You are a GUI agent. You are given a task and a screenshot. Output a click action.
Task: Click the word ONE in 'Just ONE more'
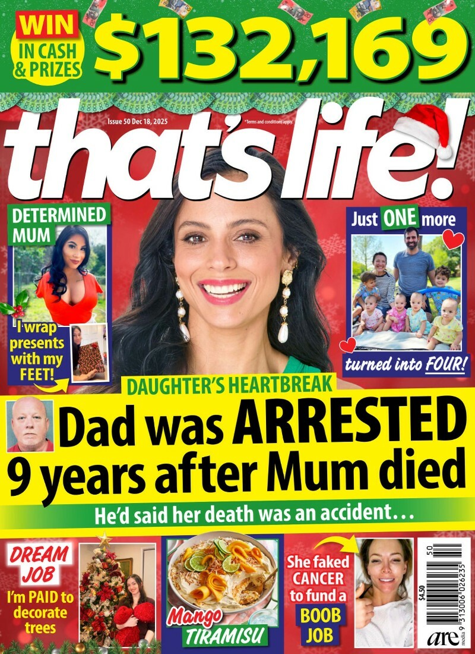coord(399,219)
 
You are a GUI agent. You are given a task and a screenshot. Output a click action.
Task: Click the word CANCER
coord(319,578)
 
